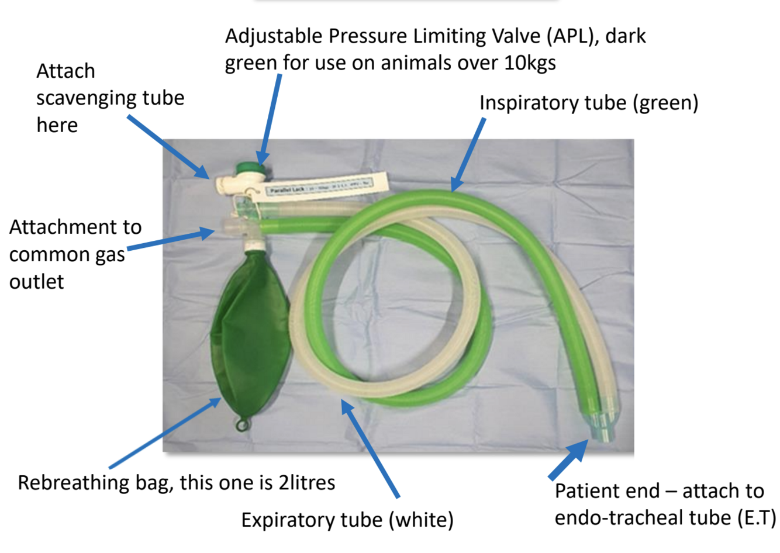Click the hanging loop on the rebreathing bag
(241, 423)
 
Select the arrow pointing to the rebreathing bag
(164, 433)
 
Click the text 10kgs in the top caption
(530, 62)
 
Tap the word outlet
(36, 282)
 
